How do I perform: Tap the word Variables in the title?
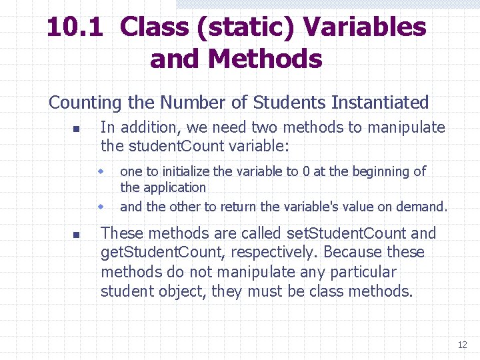coord(364,27)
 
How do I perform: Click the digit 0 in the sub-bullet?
coord(306,171)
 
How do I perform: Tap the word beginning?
coord(375,172)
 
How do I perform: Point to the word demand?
coord(421,207)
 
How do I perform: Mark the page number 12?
coord(462,345)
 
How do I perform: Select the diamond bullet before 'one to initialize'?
coord(102,171)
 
